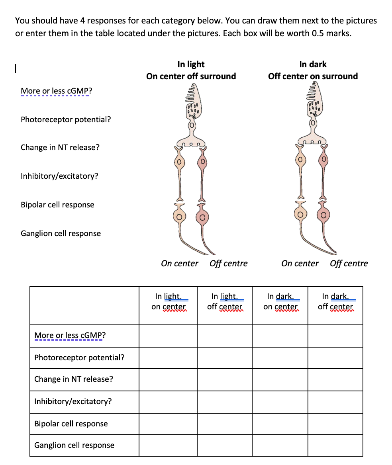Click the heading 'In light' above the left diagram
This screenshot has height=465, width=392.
(191, 64)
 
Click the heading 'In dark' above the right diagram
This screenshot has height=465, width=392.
(313, 64)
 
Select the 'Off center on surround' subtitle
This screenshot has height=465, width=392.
(313, 76)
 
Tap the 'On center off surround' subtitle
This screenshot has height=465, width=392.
(191, 76)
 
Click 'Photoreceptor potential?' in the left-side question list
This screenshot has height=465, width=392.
(66, 119)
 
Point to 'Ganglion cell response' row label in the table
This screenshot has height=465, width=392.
(74, 445)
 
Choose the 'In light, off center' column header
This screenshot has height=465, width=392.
(224, 301)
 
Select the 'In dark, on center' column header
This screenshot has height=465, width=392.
(280, 301)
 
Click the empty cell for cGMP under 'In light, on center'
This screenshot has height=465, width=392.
(168, 336)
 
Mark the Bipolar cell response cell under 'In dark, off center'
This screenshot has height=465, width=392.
(335, 423)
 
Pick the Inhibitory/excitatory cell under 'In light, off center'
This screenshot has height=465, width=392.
(224, 401)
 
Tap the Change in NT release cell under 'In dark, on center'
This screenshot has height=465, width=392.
(280, 379)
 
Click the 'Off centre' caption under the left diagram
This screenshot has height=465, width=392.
(228, 264)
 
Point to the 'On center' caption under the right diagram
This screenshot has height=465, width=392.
(300, 264)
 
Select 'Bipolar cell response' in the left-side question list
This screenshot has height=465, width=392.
(57, 205)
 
